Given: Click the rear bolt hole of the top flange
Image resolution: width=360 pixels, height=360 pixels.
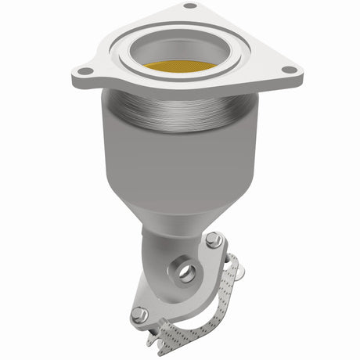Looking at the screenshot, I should pos(189,6).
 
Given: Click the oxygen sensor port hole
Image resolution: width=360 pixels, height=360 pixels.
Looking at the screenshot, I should pos(186,273).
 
